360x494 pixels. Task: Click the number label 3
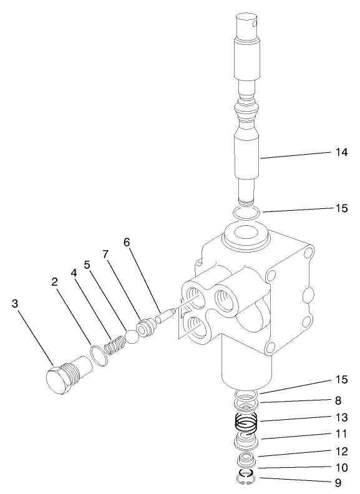16,304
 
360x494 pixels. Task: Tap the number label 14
341,152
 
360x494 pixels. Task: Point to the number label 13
341,419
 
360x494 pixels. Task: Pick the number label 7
105,255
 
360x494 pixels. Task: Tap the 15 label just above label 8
341,379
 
